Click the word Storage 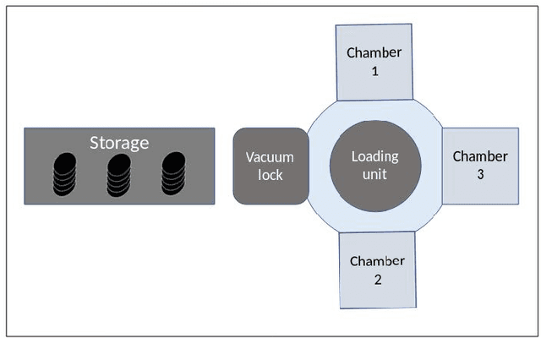tap(119, 143)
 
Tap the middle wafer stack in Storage tap(119, 174)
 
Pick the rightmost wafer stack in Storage tap(172, 173)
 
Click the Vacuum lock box tap(270, 166)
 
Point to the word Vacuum tap(270, 157)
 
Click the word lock tap(270, 175)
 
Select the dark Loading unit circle tap(374, 166)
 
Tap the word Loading tap(374, 156)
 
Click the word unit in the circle tap(374, 175)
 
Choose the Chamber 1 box tap(374, 61)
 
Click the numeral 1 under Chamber tap(374, 72)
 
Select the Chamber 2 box tap(377, 270)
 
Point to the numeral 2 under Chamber tap(378, 279)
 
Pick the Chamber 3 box tap(480, 166)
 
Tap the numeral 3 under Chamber tap(480, 175)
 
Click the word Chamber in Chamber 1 tap(374, 52)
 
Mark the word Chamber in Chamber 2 tap(377, 260)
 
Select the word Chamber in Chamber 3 tap(480, 156)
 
